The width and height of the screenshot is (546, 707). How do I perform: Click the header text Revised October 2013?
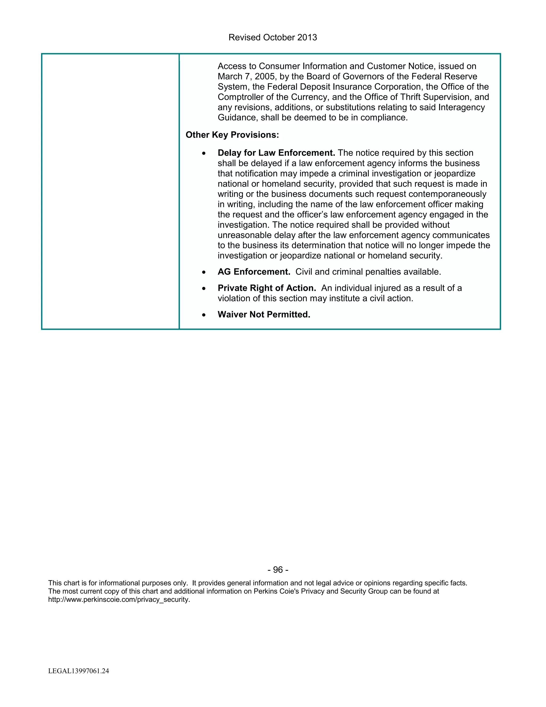click(x=272, y=38)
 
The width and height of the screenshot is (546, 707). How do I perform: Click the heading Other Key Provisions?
click(x=232, y=135)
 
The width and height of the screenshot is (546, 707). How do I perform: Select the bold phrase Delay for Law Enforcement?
click(x=276, y=153)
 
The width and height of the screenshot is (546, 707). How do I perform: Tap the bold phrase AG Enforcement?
click(x=254, y=272)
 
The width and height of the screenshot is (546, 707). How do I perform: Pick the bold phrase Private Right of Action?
click(x=267, y=288)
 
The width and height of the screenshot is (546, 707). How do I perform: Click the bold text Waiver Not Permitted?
click(x=264, y=314)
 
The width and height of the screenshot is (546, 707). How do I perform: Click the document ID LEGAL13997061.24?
click(x=79, y=671)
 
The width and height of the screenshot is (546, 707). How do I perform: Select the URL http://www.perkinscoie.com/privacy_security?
click(x=119, y=599)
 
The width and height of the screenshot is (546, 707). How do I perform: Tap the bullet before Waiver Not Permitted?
click(x=203, y=315)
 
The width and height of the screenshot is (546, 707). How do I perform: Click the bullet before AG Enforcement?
click(x=203, y=272)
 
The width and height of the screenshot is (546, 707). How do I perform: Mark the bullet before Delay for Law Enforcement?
click(x=203, y=153)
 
